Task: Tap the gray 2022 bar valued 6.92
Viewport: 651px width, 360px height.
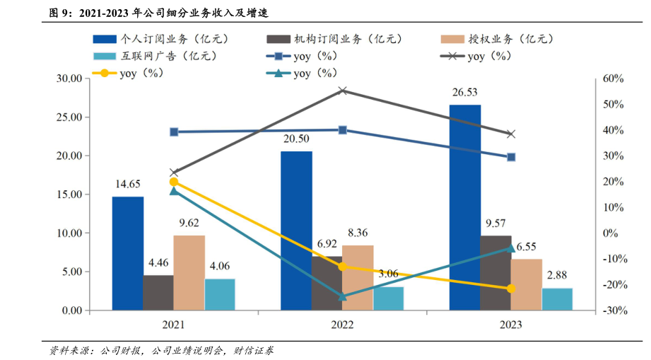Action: point(327,283)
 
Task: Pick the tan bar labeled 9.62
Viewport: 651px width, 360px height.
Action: point(189,272)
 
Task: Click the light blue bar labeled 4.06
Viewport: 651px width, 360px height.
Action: point(220,294)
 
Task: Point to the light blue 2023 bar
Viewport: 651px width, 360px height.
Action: point(557,299)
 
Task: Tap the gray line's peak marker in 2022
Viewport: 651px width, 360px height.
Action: point(343,91)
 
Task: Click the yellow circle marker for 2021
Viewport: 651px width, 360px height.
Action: point(174,182)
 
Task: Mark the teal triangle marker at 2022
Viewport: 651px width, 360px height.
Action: point(343,296)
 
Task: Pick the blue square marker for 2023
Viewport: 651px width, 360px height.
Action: point(511,157)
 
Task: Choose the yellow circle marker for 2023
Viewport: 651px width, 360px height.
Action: point(511,289)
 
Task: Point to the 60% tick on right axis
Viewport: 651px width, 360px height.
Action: point(611,79)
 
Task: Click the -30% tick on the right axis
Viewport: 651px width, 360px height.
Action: point(610,310)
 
